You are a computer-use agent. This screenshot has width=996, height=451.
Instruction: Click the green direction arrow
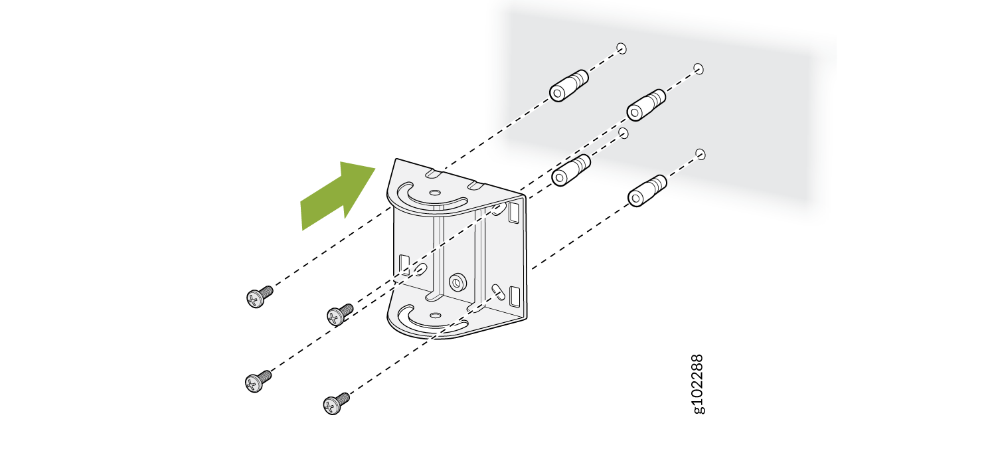click(338, 196)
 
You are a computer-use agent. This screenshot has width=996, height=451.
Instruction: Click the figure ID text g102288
click(698, 384)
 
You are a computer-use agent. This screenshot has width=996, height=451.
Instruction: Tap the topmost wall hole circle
click(621, 48)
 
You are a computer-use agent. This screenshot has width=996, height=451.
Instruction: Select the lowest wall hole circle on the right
click(701, 154)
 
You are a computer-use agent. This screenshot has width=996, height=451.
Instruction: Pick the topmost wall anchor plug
click(568, 86)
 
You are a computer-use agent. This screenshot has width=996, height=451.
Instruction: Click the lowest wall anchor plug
click(647, 191)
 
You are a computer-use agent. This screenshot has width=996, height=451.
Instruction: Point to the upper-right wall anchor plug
click(646, 105)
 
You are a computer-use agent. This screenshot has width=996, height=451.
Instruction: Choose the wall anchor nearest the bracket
click(571, 170)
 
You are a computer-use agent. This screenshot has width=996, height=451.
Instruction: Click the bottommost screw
click(336, 403)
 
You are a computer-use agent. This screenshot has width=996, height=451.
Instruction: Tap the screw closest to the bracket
click(340, 314)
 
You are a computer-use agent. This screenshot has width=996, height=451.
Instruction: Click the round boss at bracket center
click(457, 282)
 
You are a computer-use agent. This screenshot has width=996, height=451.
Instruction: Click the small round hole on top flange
click(436, 193)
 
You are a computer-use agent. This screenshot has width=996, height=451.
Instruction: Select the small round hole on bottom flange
click(436, 316)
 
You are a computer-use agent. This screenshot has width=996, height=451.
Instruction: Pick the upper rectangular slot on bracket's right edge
click(514, 212)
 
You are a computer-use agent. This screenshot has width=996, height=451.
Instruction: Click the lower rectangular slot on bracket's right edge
click(515, 296)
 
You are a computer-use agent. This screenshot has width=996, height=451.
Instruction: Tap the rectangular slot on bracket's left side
click(404, 265)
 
